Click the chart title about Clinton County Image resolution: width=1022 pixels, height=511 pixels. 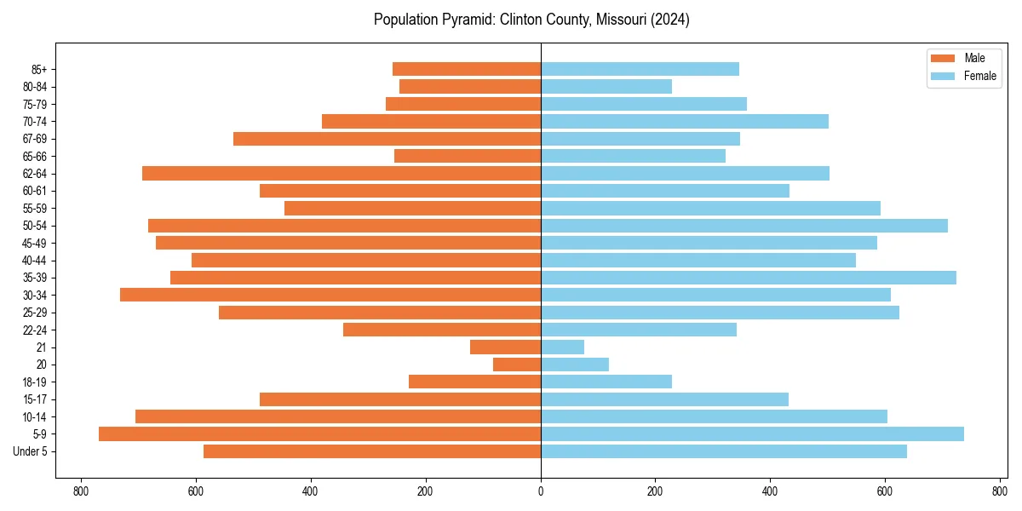pos(531,20)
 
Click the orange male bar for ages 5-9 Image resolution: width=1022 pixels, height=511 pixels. pos(319,433)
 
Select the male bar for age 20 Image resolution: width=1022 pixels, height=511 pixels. pos(517,365)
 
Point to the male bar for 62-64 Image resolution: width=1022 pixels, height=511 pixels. pos(342,173)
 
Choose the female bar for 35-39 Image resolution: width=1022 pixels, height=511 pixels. pos(749,278)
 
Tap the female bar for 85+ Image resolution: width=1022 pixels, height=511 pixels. pos(640,69)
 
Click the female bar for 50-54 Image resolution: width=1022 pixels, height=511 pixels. pos(744,226)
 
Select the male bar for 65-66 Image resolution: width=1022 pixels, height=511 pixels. pos(468,156)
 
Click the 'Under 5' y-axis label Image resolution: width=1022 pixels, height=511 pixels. pos(31,451)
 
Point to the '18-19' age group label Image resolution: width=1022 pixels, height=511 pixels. pos(35,382)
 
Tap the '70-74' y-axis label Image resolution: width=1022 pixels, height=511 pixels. pos(35,121)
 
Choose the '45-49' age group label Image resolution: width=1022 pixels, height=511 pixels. pos(35,243)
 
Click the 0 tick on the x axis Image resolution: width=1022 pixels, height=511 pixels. pos(541,491)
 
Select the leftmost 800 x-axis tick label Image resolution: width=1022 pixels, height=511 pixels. pos(81,491)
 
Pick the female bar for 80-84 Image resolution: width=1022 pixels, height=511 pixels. pos(606,86)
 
